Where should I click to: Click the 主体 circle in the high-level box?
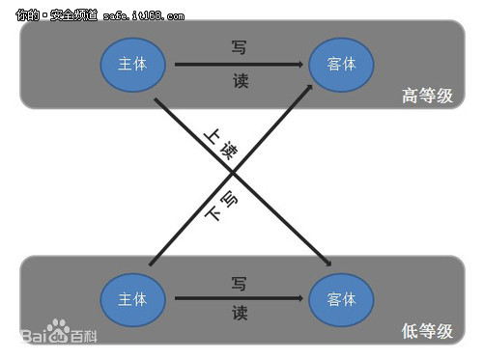[x=132, y=64]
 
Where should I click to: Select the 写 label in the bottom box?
[x=240, y=283]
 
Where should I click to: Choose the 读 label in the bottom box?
[x=240, y=314]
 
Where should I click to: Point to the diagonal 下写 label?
[x=220, y=206]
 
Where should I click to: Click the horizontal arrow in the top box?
[x=237, y=65]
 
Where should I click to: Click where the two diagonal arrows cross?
[x=233, y=175]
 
